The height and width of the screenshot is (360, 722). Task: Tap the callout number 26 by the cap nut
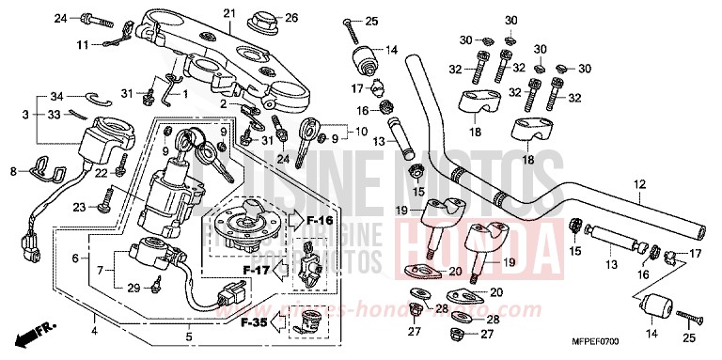click(x=290, y=17)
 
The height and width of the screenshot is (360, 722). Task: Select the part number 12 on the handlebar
click(x=640, y=183)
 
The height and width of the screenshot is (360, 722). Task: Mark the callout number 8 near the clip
click(x=13, y=171)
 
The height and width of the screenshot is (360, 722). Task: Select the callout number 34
click(x=55, y=97)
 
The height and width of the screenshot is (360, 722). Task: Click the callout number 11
click(x=83, y=44)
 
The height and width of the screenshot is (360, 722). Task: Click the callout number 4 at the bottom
click(x=94, y=329)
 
